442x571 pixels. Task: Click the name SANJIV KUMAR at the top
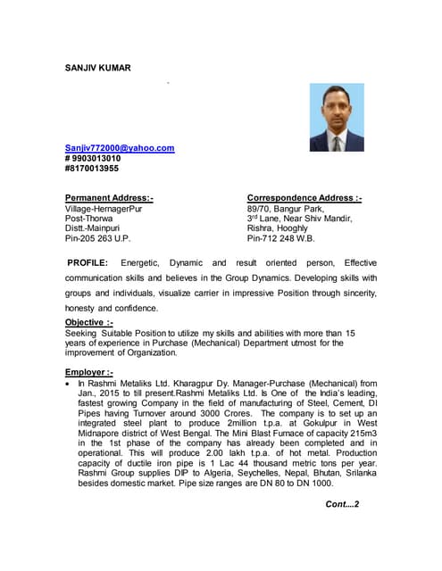[97, 67]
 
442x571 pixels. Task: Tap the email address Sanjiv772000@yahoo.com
[120, 148]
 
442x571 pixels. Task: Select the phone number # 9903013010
[93, 158]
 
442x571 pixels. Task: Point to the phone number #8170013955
[92, 168]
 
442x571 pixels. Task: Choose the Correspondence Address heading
[304, 197]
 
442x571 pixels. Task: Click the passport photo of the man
[336, 118]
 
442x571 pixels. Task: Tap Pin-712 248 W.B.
[281, 238]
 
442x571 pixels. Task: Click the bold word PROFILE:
[88, 263]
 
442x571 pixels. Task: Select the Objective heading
[89, 322]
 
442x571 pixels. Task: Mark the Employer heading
[89, 372]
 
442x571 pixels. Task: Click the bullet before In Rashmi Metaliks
[69, 384]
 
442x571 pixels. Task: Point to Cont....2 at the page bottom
[342, 505]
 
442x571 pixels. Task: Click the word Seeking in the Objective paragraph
[83, 332]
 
